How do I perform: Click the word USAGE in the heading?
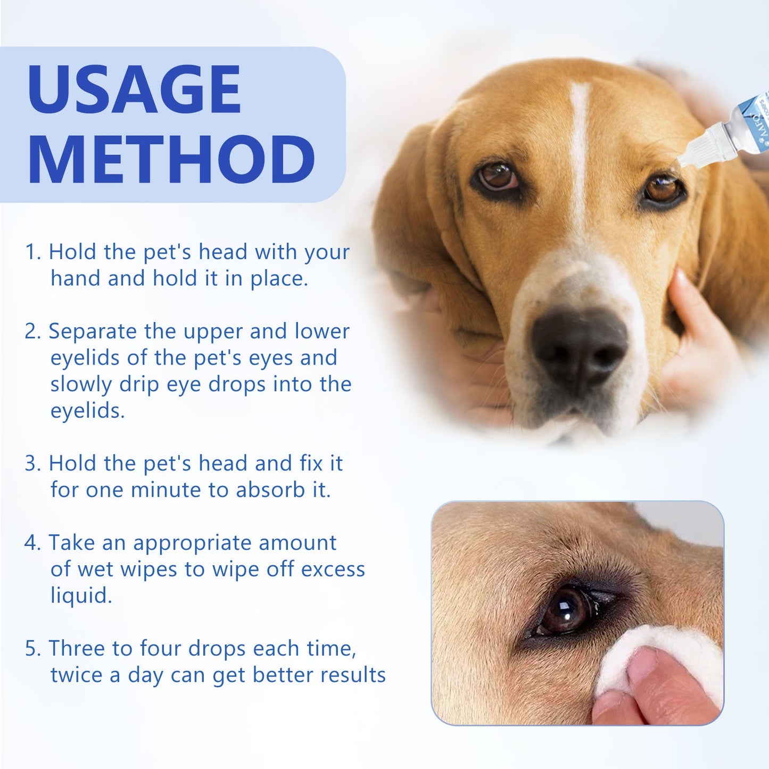(134, 89)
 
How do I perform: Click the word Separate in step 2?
(93, 332)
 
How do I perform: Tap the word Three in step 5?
(80, 649)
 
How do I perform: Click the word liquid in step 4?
(81, 596)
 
